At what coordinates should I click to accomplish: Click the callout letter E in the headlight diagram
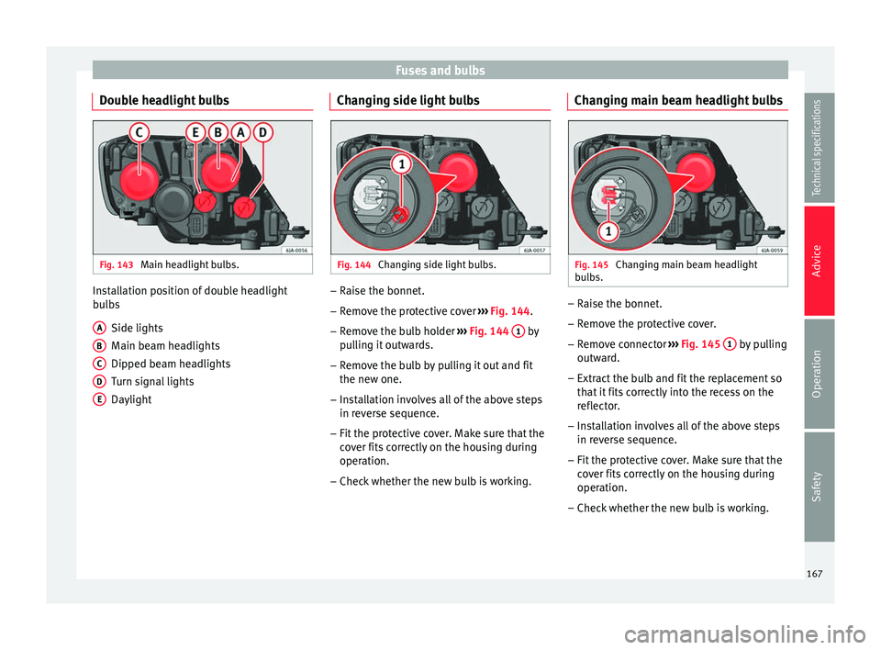pos(195,132)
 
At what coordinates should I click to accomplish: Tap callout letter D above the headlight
pos(264,132)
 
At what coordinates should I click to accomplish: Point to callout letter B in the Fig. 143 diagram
pos(218,132)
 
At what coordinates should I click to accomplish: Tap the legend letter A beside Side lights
pos(98,327)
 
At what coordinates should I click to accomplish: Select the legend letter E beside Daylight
pos(98,399)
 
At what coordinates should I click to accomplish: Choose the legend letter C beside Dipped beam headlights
pos(98,363)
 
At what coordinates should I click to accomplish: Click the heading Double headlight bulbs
pos(164,99)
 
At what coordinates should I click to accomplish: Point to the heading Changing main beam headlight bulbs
pos(677,99)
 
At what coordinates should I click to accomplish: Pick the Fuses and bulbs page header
pos(440,70)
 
